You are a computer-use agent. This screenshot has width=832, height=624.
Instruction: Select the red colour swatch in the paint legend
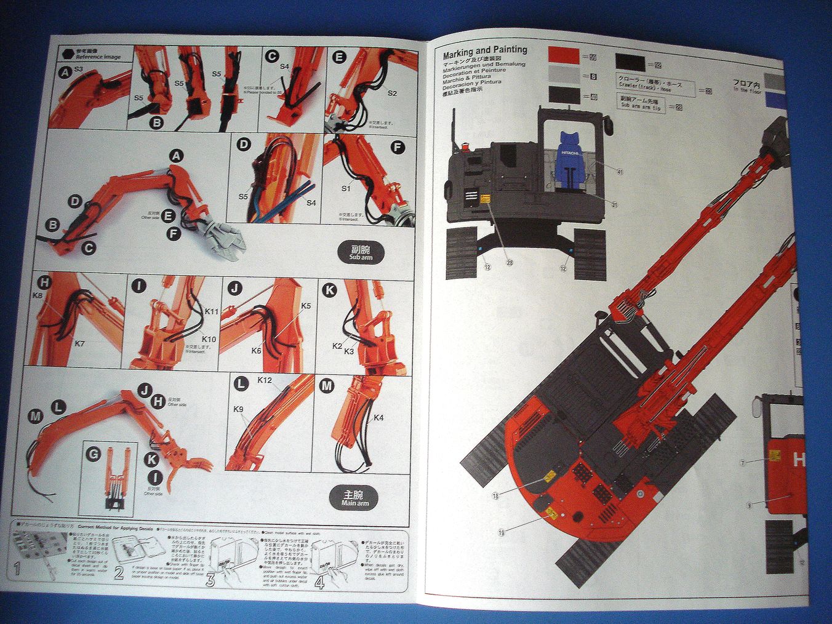coord(564,56)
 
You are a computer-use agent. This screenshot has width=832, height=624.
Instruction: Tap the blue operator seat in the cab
coord(570,159)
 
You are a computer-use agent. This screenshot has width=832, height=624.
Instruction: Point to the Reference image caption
coord(98,56)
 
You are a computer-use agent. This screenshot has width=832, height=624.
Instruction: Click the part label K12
coord(265,380)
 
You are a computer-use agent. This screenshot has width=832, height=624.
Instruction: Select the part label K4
coord(378,418)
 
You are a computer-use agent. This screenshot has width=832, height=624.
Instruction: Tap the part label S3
coord(78,69)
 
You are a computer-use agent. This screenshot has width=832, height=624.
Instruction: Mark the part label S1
coord(346,188)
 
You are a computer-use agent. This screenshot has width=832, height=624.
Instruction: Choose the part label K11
coord(211,312)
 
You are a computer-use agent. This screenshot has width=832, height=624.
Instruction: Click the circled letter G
coord(94,455)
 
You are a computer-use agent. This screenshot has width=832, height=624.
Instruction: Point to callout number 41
coord(620,172)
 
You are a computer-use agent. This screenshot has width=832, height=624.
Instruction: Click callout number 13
coord(495,495)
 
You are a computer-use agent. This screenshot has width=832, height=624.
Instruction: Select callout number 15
coord(502,532)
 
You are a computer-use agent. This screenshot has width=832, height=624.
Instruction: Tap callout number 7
coord(743,462)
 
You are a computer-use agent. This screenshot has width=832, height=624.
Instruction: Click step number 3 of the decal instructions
coord(210,579)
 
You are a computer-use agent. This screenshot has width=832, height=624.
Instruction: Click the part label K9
coord(239,409)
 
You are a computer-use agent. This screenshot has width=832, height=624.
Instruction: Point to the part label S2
coord(393,93)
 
